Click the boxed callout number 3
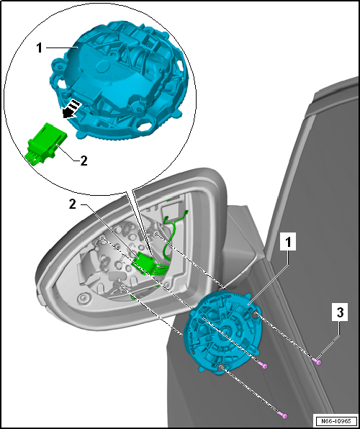[x=340, y=312]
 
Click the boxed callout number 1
[x=288, y=243]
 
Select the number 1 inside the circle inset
[x=40, y=48]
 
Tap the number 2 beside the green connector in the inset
[x=84, y=161]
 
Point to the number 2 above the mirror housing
[x=72, y=204]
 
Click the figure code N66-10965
[x=336, y=420]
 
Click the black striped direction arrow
[x=71, y=109]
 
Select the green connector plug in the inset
[x=46, y=144]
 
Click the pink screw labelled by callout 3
[x=317, y=361]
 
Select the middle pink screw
[x=262, y=365]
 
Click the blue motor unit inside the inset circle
[x=118, y=79]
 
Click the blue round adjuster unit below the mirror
[x=222, y=330]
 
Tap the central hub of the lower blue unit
[x=225, y=330]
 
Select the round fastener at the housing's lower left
[x=84, y=297]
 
